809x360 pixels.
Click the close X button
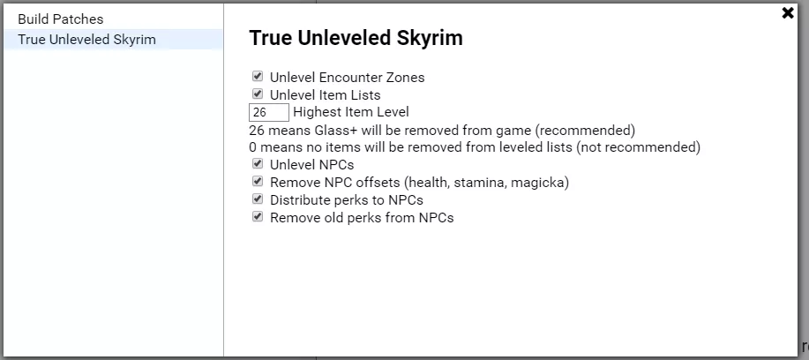(x=788, y=13)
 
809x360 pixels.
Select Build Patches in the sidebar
(x=60, y=19)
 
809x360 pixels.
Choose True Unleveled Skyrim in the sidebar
(x=86, y=40)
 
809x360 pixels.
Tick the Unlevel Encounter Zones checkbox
(x=258, y=77)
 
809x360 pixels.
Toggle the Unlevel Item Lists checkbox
(x=258, y=94)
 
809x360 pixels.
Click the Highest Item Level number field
(x=269, y=112)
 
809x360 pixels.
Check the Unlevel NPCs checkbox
(x=258, y=164)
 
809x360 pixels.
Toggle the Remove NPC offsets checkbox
(x=258, y=182)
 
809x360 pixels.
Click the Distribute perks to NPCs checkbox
(x=258, y=199)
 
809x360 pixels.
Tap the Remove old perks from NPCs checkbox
(x=258, y=217)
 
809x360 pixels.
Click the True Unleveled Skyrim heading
(x=356, y=39)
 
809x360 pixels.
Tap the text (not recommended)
(x=638, y=147)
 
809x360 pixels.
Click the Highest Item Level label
(x=351, y=112)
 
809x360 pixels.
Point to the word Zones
(x=406, y=78)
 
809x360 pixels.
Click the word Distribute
(x=301, y=199)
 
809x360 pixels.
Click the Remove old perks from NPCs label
(x=362, y=218)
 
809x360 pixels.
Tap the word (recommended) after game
(x=585, y=130)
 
